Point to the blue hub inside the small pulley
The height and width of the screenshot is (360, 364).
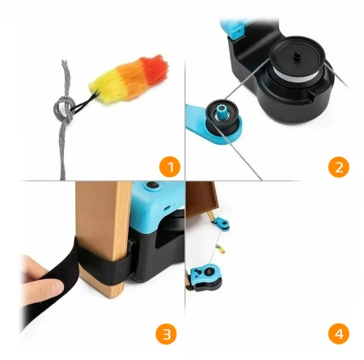(220, 108)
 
